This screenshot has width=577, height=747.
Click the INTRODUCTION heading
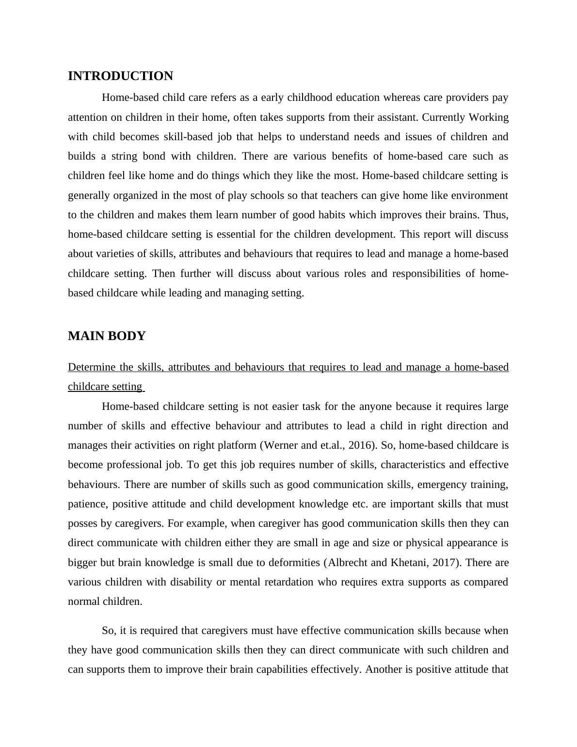[120, 76]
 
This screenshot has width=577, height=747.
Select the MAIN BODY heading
[107, 336]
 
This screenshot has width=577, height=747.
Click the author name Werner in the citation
[280, 445]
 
